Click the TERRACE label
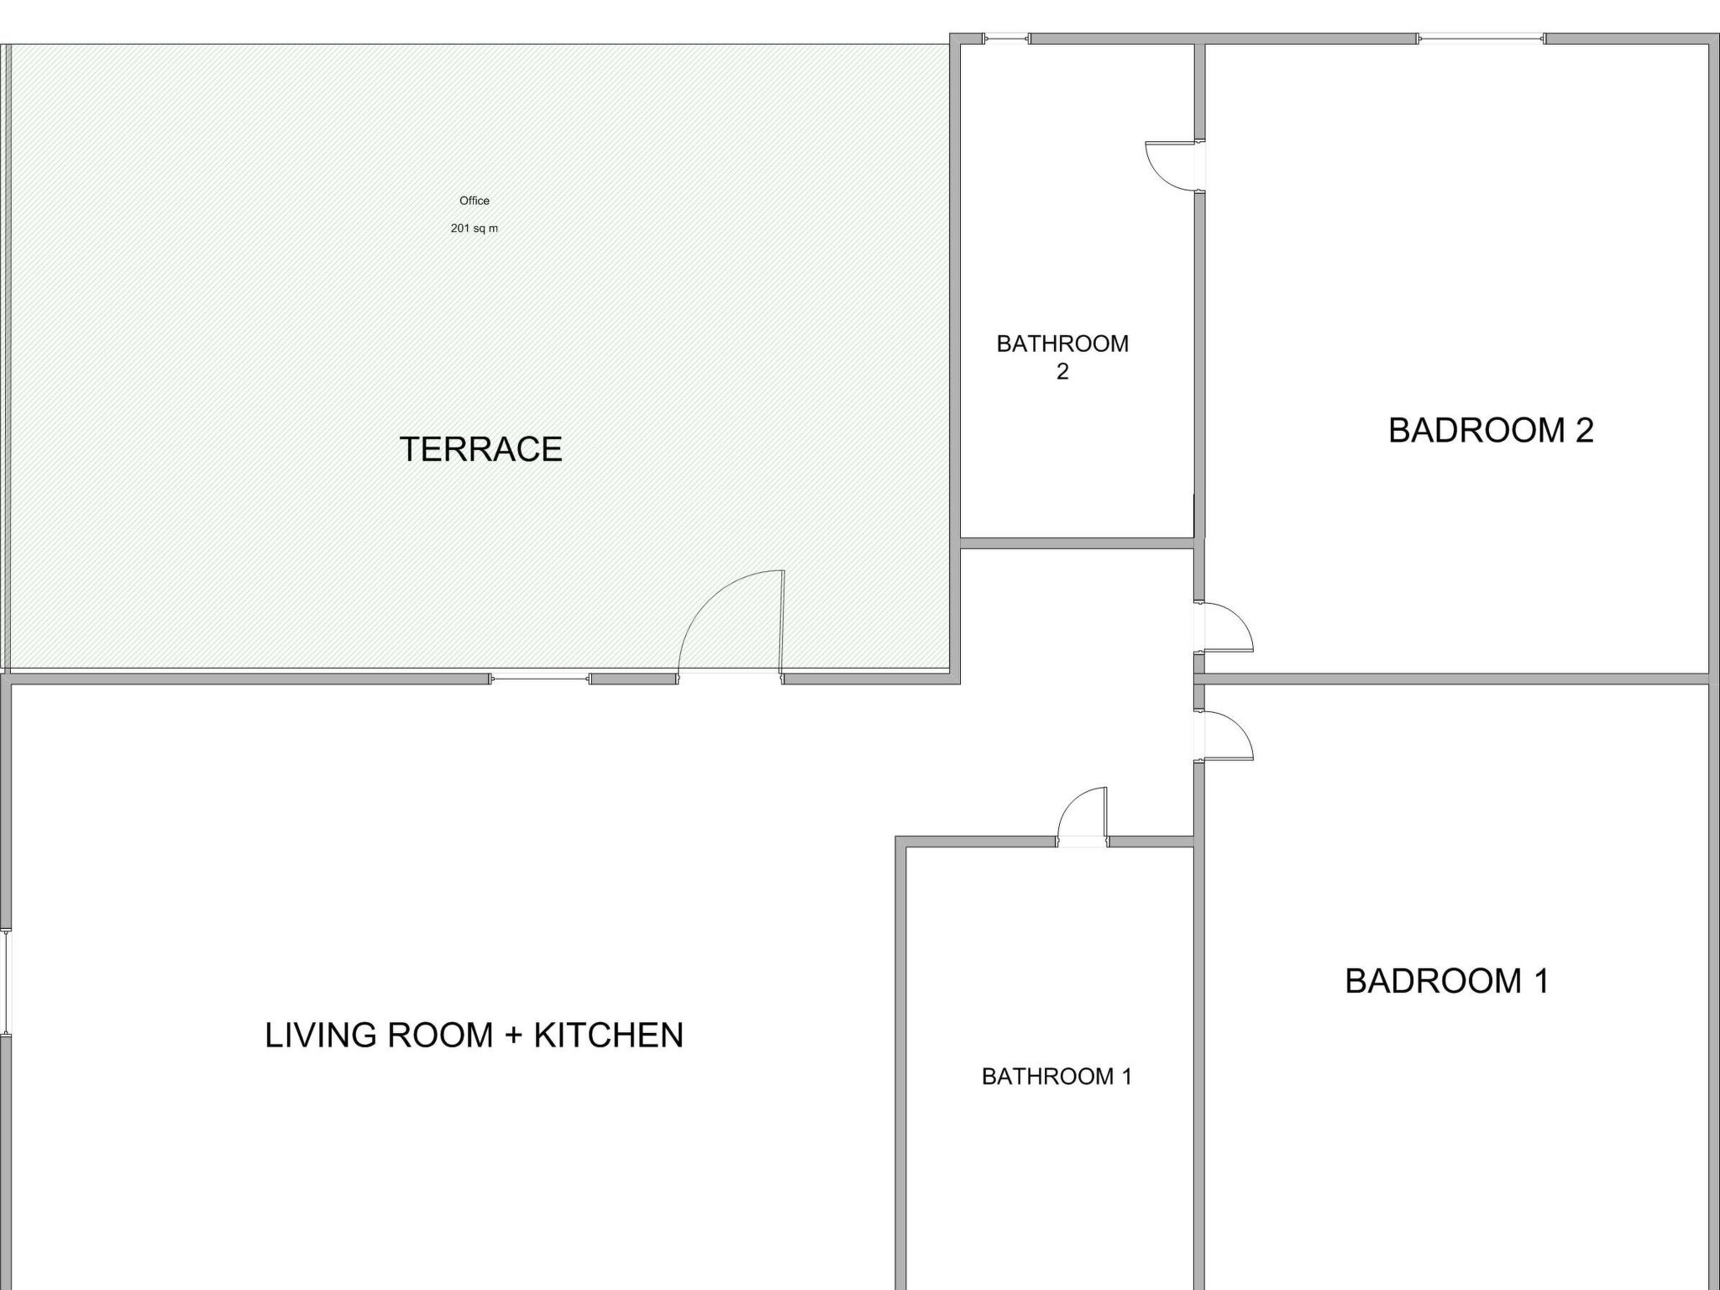[x=480, y=449]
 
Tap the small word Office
[x=475, y=201]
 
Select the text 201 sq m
[x=475, y=228]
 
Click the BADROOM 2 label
[x=1491, y=430]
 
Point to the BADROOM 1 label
[x=1447, y=981]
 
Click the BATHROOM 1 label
[x=1057, y=1077]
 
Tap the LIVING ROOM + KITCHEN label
[x=475, y=1035]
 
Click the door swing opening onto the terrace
[x=731, y=622]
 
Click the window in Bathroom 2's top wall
[x=1007, y=38]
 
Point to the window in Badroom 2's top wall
[x=1481, y=38]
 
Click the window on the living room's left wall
[x=6, y=982]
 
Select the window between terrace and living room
[x=540, y=679]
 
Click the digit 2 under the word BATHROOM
[x=1062, y=372]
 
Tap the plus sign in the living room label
[x=513, y=1036]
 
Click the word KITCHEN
[x=609, y=1035]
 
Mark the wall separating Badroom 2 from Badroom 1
[x=1452, y=679]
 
